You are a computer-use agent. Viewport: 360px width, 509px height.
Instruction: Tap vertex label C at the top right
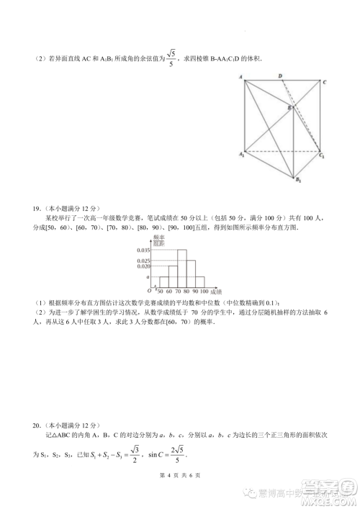tap(325, 81)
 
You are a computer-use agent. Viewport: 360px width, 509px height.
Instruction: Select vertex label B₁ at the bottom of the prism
tap(297, 181)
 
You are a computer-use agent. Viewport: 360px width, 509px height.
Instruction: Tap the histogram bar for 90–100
tap(200, 280)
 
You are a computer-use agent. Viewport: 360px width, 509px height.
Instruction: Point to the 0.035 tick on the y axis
tap(144, 249)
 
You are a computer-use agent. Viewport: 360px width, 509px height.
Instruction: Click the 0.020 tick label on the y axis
tap(144, 266)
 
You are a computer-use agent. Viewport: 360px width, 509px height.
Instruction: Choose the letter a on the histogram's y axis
tap(148, 276)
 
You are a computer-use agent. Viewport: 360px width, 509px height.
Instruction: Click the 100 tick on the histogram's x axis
tap(204, 291)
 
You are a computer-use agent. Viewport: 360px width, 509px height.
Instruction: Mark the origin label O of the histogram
tap(148, 291)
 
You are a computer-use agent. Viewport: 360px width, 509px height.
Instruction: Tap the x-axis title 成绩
tap(217, 291)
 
